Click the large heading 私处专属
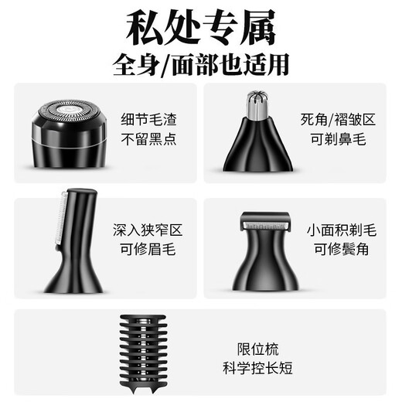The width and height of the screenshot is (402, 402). pos(201,27)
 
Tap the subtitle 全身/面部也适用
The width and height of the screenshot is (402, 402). pos(201,65)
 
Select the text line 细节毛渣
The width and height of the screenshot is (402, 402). pos(148,120)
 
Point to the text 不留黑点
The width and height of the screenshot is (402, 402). pos(148,139)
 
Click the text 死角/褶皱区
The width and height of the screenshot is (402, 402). pos(338,120)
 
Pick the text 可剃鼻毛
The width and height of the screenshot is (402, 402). pos(338,139)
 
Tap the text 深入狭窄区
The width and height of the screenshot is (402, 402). pos(148,230)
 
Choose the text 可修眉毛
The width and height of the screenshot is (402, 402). pos(148,249)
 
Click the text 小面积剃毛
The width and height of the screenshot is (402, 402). pos(342,230)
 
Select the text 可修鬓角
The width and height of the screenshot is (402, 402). pos(342,249)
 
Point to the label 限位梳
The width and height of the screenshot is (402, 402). pos(257,349)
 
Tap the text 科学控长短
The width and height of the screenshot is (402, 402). pos(257,368)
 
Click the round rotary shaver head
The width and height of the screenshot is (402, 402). pos(69,133)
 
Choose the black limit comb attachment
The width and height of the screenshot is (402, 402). pos(143,353)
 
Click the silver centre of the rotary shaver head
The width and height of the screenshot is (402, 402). pos(69,109)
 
